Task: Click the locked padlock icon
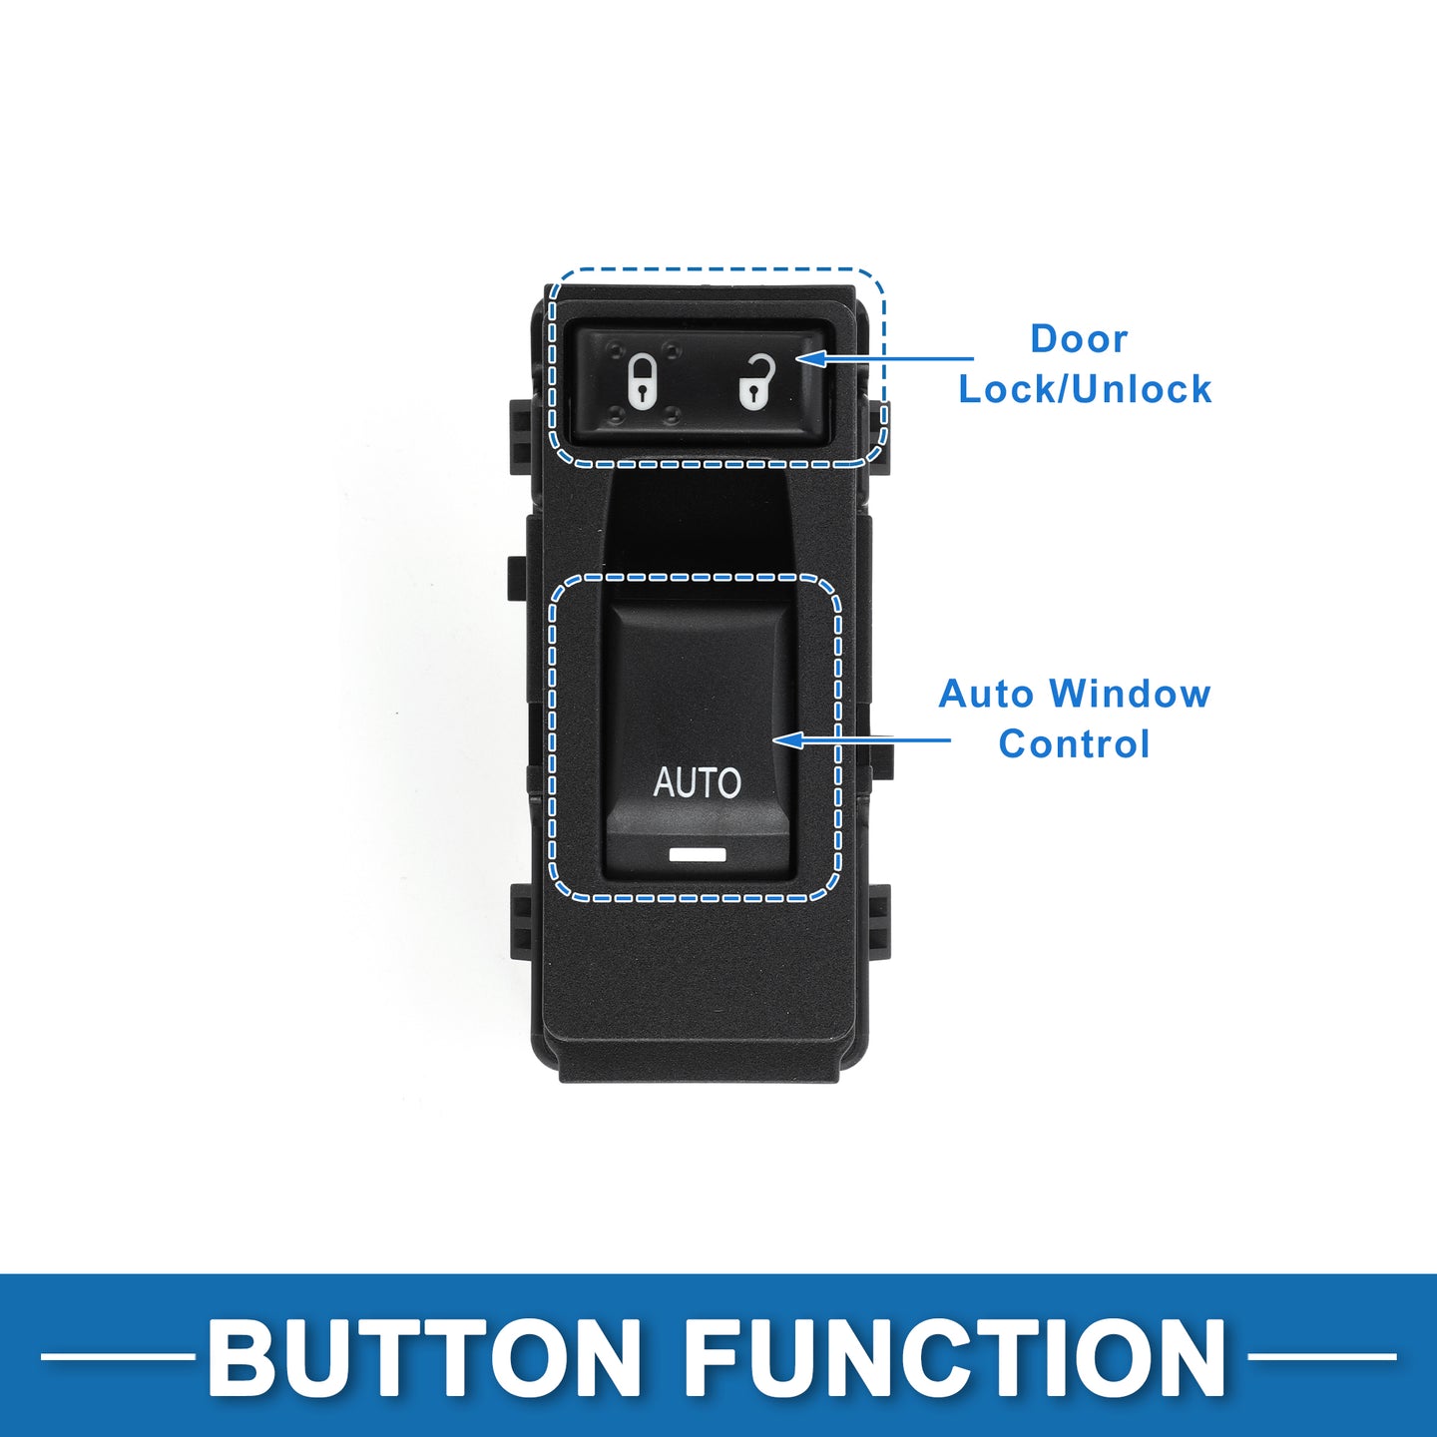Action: (642, 382)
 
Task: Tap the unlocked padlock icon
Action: (756, 382)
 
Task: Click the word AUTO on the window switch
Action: (698, 782)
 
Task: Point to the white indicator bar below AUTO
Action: (698, 854)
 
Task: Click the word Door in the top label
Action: (1079, 339)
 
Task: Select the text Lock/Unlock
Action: (1085, 388)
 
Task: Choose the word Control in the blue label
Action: (1074, 743)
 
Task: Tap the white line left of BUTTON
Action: (117, 1357)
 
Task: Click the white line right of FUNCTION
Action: (1321, 1357)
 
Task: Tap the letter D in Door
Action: (1043, 339)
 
